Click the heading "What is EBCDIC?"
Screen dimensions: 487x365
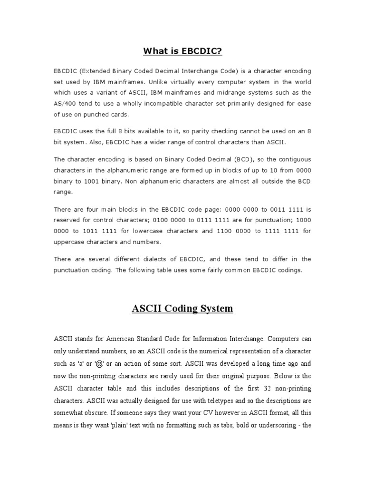pos(182,51)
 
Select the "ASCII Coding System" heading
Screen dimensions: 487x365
pos(182,309)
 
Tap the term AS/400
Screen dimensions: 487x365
pos(67,103)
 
